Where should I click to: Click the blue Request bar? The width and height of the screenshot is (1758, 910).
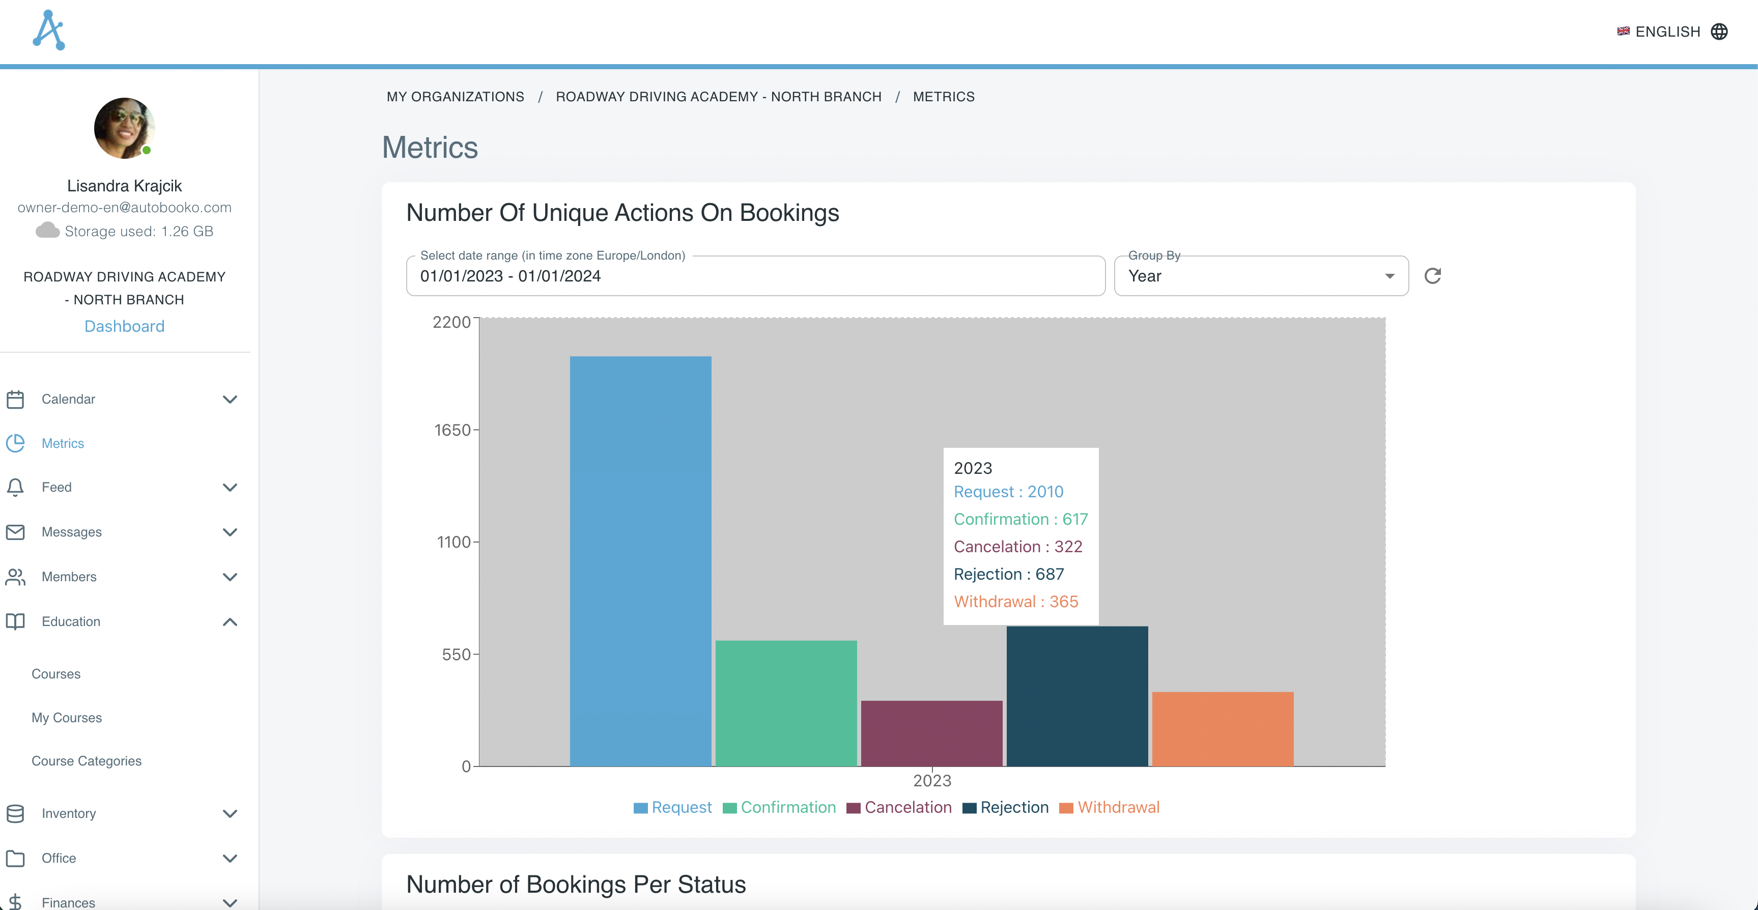coord(640,560)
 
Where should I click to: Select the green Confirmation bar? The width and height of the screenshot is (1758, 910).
coord(785,703)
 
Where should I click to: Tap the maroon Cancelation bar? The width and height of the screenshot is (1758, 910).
coord(931,733)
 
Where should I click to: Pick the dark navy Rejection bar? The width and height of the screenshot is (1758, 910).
coord(1077,696)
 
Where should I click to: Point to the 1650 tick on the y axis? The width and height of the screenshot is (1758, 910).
coord(453,430)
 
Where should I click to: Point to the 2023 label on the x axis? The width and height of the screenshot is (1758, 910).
coord(931,780)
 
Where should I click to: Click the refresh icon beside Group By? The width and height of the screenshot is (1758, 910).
coord(1432,276)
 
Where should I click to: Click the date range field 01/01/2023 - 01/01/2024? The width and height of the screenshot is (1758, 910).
coord(755,276)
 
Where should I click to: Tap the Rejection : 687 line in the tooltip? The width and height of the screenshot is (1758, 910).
coord(1008,574)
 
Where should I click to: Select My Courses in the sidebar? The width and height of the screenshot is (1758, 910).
coord(66,718)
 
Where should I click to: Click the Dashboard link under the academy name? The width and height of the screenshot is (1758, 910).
coord(124,326)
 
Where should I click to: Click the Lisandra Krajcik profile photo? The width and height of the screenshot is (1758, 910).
coord(124,128)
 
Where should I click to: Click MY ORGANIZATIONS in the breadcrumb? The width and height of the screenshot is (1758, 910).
coord(455,97)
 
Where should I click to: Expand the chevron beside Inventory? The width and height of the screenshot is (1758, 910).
coord(230,814)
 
